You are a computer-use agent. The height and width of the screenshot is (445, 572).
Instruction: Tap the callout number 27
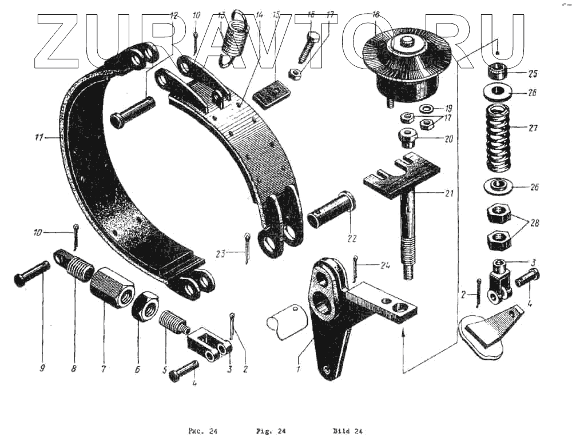click(x=533, y=128)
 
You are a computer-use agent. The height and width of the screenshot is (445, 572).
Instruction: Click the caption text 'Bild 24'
click(x=348, y=431)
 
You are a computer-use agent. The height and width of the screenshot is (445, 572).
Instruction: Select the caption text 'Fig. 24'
click(x=273, y=431)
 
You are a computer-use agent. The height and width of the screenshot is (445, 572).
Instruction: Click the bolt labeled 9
click(x=32, y=275)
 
